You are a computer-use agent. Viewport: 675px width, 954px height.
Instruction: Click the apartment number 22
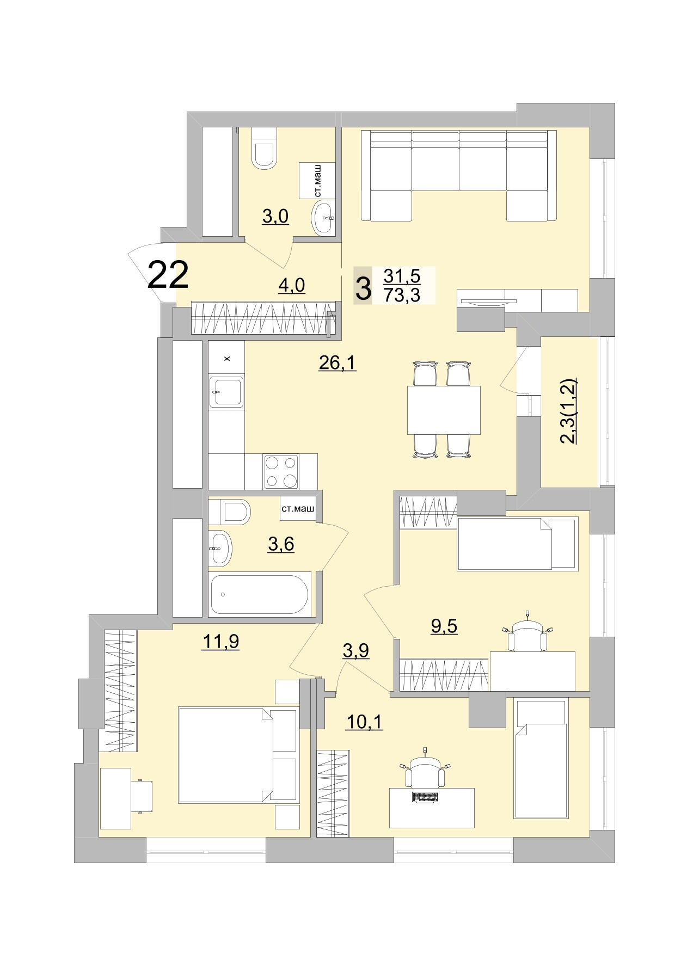click(x=168, y=275)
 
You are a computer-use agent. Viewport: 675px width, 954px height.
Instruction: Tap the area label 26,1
click(x=337, y=362)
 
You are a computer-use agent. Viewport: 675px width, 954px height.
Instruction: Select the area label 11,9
click(x=220, y=642)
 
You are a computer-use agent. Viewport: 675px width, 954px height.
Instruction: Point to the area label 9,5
click(x=444, y=626)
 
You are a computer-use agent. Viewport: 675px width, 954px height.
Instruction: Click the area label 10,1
click(x=365, y=722)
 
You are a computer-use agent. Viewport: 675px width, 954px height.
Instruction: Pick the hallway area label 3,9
click(x=356, y=650)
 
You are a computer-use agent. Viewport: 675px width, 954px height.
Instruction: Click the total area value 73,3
click(x=402, y=295)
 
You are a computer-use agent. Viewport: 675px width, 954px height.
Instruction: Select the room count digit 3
click(x=363, y=288)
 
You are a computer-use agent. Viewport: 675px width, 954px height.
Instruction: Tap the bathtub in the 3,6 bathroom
click(x=260, y=594)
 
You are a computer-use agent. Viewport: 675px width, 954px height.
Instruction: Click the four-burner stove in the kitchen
click(x=281, y=471)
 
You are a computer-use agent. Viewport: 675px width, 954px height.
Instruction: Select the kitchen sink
click(x=226, y=391)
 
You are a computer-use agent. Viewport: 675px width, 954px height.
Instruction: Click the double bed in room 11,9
click(x=238, y=754)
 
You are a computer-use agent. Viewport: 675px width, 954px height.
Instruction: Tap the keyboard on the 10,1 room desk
click(x=425, y=797)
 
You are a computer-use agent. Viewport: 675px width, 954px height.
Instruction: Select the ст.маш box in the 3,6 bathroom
click(x=298, y=509)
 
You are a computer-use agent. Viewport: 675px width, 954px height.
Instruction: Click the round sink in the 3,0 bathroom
click(x=324, y=218)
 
